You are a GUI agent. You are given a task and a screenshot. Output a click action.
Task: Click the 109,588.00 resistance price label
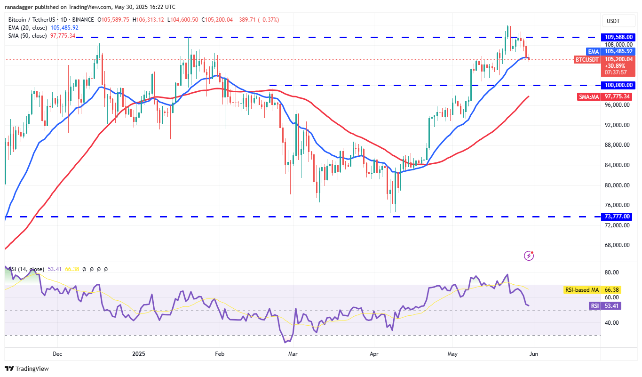click(618, 37)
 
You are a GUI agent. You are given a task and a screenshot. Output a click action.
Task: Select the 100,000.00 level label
click(618, 85)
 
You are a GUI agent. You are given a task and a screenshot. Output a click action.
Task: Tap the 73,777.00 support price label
click(618, 217)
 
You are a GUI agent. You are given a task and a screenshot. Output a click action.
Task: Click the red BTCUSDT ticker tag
click(587, 59)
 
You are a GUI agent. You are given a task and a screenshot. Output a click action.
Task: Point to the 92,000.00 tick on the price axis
click(618, 125)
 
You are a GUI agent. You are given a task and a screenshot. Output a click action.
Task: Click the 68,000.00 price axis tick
click(618, 245)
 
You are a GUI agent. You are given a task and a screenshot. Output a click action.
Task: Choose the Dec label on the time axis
click(57, 353)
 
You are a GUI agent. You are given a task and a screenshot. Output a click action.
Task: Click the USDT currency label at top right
click(613, 21)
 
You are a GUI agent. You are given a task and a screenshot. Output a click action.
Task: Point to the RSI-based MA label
click(582, 290)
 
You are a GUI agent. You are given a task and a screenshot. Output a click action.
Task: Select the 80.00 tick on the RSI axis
click(611, 273)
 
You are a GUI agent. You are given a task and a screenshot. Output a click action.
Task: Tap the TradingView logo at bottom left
click(27, 369)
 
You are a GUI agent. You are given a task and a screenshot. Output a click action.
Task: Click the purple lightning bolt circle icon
click(529, 256)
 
